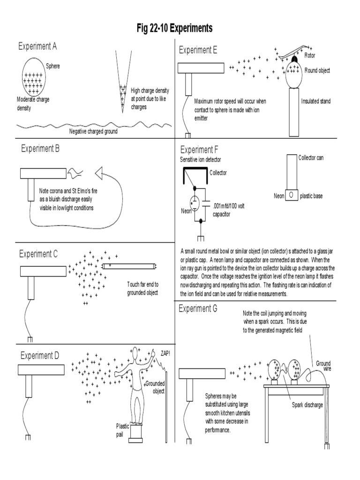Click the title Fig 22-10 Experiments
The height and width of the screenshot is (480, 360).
tap(174, 29)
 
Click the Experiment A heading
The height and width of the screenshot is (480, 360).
tap(37, 46)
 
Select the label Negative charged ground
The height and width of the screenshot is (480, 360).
tap(93, 132)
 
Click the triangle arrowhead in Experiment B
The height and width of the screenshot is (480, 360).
tap(99, 174)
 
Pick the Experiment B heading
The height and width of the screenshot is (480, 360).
tap(40, 149)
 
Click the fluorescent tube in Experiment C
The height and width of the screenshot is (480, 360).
tap(129, 266)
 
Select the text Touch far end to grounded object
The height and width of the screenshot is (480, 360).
tap(142, 288)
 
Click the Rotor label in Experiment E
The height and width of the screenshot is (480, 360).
tap(310, 55)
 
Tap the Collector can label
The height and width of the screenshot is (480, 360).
tap(311, 157)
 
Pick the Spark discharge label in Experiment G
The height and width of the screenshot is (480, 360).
tap(307, 405)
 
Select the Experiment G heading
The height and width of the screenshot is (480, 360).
tap(198, 309)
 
